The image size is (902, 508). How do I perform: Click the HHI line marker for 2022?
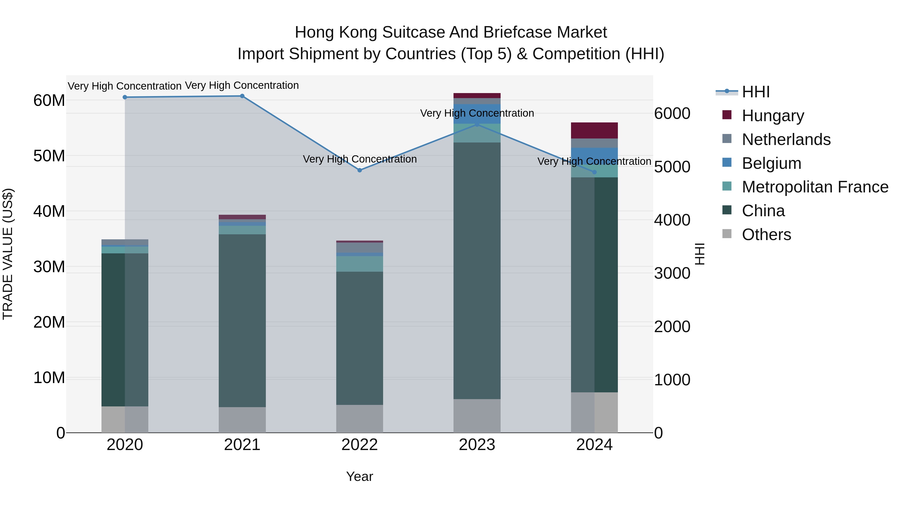tap(360, 170)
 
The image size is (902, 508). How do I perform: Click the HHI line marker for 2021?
tap(242, 96)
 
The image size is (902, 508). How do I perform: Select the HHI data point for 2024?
tap(594, 172)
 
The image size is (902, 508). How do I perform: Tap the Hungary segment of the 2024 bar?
tap(594, 130)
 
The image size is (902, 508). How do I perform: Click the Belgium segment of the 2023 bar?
tap(477, 114)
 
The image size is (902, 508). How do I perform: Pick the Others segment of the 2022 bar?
tap(360, 419)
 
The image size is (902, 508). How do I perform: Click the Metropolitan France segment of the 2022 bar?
tap(360, 264)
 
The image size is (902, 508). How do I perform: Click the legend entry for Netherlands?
tap(786, 139)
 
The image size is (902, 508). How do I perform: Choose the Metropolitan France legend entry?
tap(815, 187)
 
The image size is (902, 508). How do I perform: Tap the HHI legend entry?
tap(756, 92)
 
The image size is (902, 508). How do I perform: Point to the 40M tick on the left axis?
tap(49, 211)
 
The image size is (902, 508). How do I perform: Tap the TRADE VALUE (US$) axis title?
tap(8, 254)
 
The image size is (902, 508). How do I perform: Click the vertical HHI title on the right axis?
tap(700, 254)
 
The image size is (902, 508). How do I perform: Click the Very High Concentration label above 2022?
tap(360, 159)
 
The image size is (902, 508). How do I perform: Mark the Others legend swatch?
tap(727, 234)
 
